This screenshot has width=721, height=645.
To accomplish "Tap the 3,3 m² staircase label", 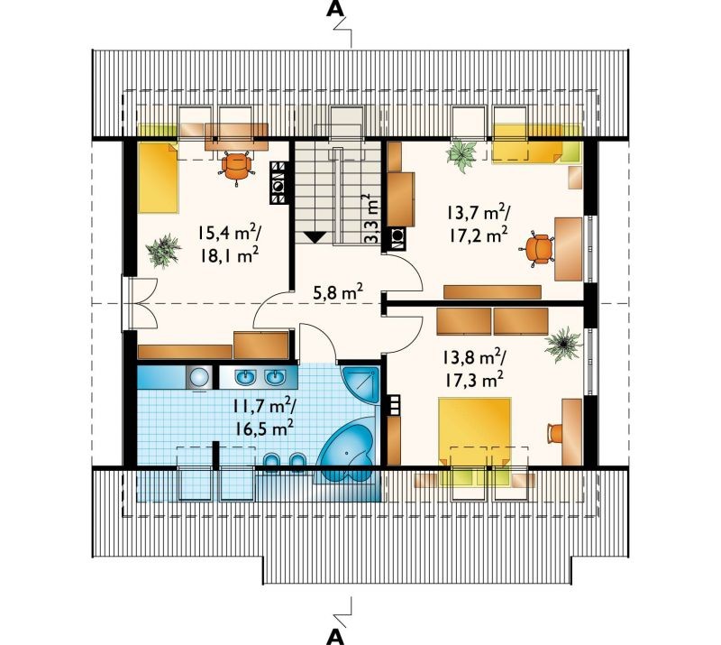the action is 371,218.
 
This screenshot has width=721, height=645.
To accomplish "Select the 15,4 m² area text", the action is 229,232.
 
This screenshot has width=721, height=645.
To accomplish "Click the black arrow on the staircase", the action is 315,236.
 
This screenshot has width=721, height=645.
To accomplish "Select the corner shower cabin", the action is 360,384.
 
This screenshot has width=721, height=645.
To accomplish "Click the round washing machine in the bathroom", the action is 198,377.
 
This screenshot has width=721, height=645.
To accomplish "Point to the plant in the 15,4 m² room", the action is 163,250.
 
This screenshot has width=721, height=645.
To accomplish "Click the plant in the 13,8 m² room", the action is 561,344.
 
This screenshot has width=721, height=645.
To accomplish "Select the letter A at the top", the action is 334,9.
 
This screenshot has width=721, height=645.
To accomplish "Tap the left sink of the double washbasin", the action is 245,377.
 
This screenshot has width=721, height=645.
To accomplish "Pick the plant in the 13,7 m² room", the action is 461,156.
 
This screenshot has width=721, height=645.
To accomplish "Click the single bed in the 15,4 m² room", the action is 158,178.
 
